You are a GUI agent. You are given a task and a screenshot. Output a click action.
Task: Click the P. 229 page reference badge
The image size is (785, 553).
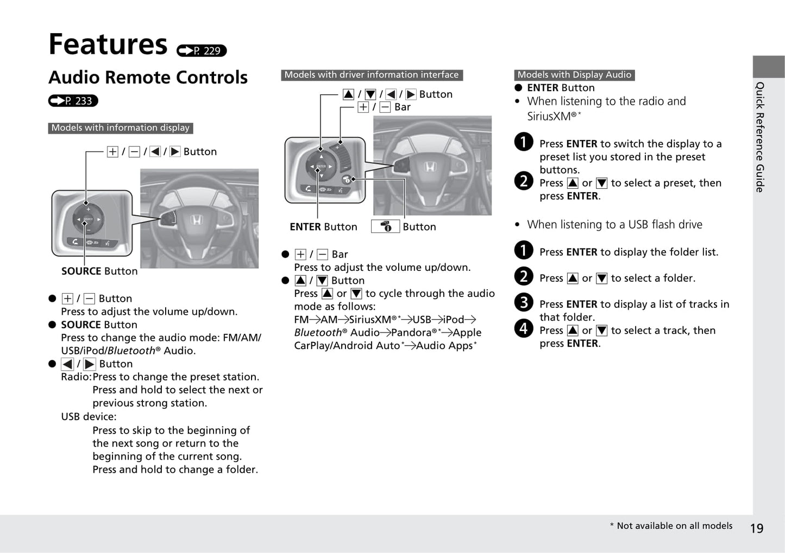pyautogui.click(x=202, y=50)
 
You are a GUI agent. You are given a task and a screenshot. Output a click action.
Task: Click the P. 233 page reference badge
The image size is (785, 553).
pyautogui.click(x=73, y=101)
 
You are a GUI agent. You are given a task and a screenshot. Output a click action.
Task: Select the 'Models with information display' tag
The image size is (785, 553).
pyautogui.click(x=121, y=128)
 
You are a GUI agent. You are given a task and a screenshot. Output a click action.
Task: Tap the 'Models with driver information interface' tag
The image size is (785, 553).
pyautogui.click(x=372, y=75)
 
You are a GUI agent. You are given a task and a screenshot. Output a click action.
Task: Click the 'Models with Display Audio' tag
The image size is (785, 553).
pyautogui.click(x=574, y=75)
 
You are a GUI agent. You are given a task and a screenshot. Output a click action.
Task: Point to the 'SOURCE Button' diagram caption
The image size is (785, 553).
pyautogui.click(x=99, y=271)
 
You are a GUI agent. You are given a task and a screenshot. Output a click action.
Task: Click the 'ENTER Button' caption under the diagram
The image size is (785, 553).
pyautogui.click(x=323, y=227)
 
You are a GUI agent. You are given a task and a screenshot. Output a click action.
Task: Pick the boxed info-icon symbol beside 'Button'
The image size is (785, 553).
pyautogui.click(x=385, y=226)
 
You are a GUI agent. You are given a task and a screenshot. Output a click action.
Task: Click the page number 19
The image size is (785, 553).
pyautogui.click(x=756, y=529)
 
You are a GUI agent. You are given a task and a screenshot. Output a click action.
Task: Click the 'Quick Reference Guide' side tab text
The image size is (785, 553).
pyautogui.click(x=760, y=137)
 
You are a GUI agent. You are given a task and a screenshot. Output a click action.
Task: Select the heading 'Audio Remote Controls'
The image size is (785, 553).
pyautogui.click(x=148, y=78)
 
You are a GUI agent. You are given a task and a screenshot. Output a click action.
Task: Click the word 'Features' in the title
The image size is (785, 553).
pyautogui.click(x=108, y=44)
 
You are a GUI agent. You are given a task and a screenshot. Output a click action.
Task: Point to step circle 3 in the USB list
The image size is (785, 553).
pyautogui.click(x=524, y=302)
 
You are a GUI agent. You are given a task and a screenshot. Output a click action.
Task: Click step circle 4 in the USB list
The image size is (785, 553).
pyautogui.click(x=524, y=328)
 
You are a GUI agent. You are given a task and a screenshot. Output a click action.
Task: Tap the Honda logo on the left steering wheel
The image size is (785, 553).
pyautogui.click(x=196, y=220)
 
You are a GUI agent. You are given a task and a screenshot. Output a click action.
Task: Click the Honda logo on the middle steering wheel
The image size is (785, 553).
pyautogui.click(x=430, y=167)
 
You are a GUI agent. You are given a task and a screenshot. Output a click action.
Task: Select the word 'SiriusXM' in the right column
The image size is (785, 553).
pyautogui.click(x=549, y=116)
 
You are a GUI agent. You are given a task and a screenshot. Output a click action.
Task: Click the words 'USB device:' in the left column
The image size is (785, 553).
pyautogui.click(x=89, y=417)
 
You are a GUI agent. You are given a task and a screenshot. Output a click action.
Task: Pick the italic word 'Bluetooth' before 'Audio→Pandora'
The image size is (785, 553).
pyautogui.click(x=318, y=333)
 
